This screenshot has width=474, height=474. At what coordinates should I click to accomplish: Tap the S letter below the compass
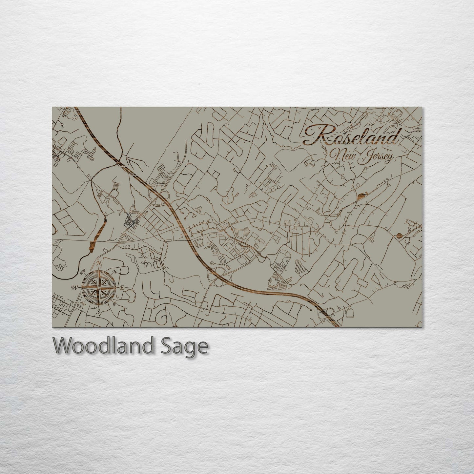tap(98, 312)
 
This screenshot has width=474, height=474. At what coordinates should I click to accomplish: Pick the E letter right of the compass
tap(122, 288)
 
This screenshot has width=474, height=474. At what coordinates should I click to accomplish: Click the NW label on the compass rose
tap(83, 271)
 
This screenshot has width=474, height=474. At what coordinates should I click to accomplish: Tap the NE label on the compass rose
tap(115, 272)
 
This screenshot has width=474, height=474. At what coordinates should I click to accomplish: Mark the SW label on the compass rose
tap(82, 303)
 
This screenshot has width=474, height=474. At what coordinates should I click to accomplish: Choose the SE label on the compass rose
tap(114, 304)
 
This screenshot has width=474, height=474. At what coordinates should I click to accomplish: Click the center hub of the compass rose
tap(98, 288)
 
